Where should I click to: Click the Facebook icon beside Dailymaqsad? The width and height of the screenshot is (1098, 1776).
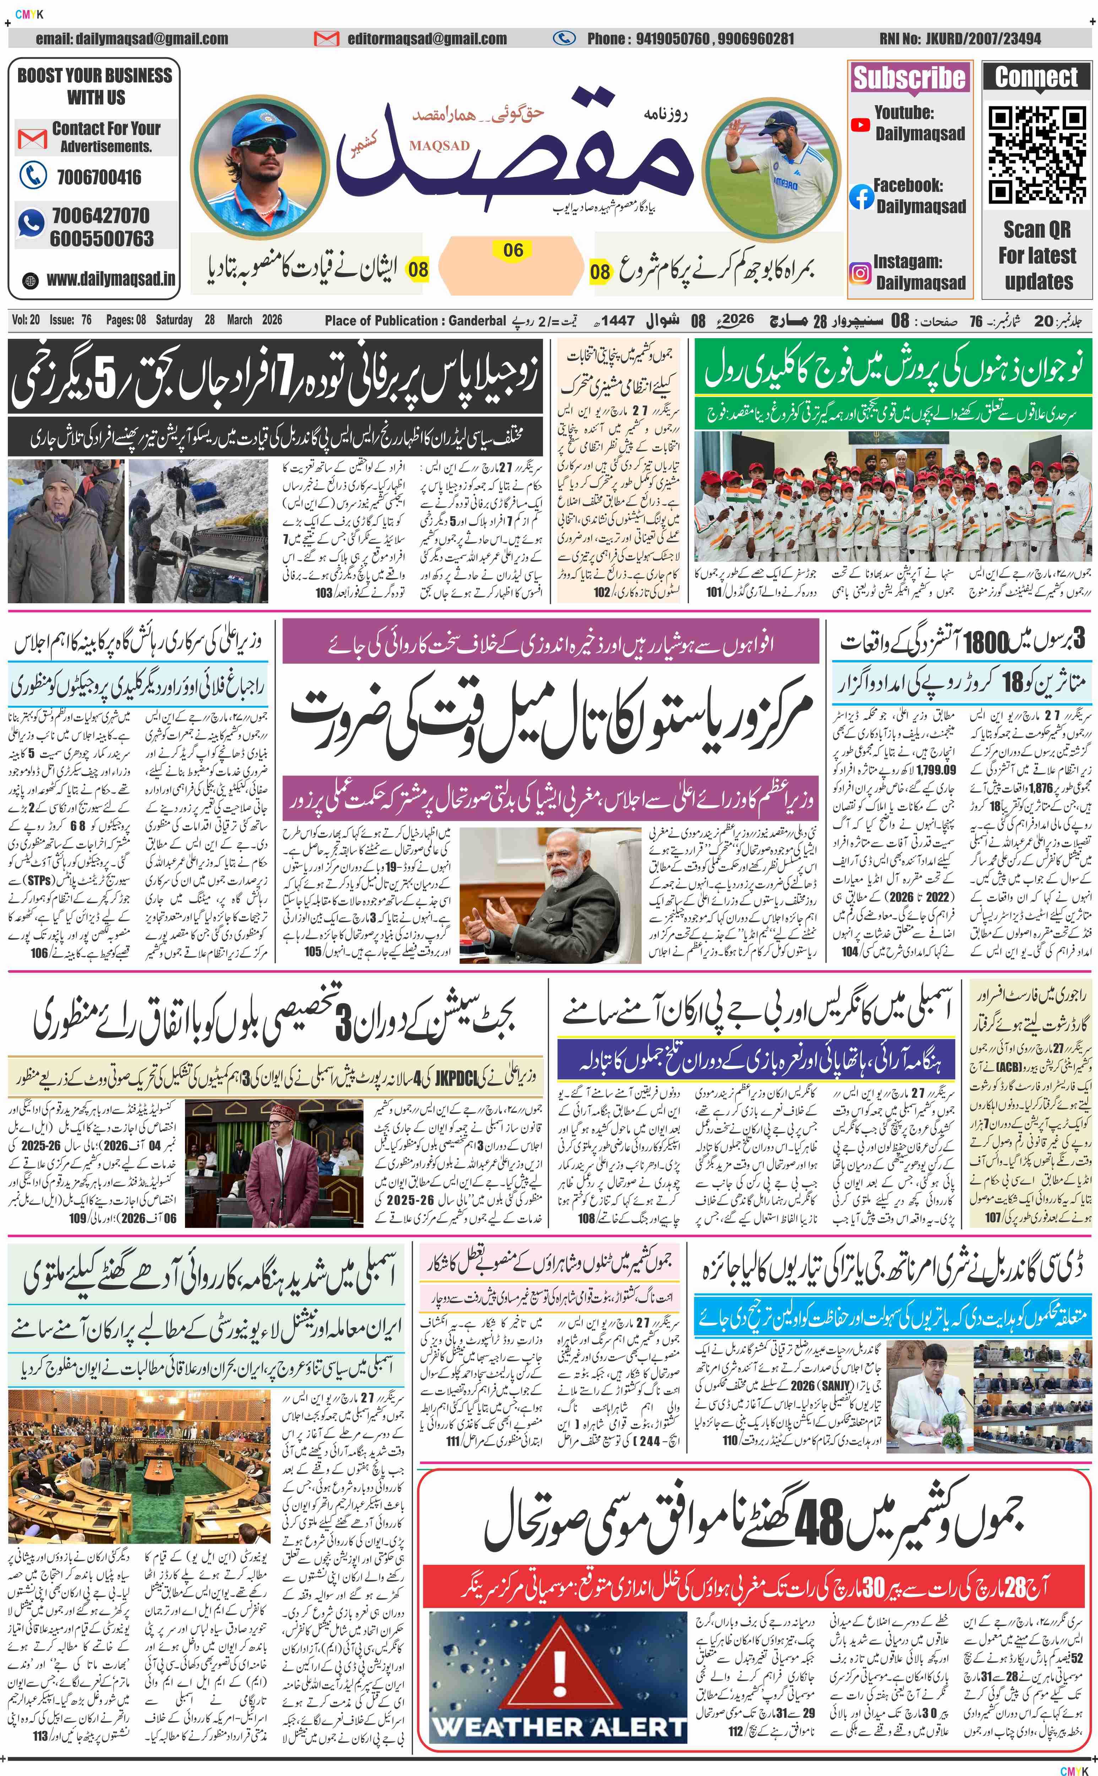861,197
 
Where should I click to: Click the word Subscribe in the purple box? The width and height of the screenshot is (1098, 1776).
909,77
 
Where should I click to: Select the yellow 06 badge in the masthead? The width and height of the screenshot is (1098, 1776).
513,250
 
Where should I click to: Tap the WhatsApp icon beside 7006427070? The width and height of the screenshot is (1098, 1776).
31,223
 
